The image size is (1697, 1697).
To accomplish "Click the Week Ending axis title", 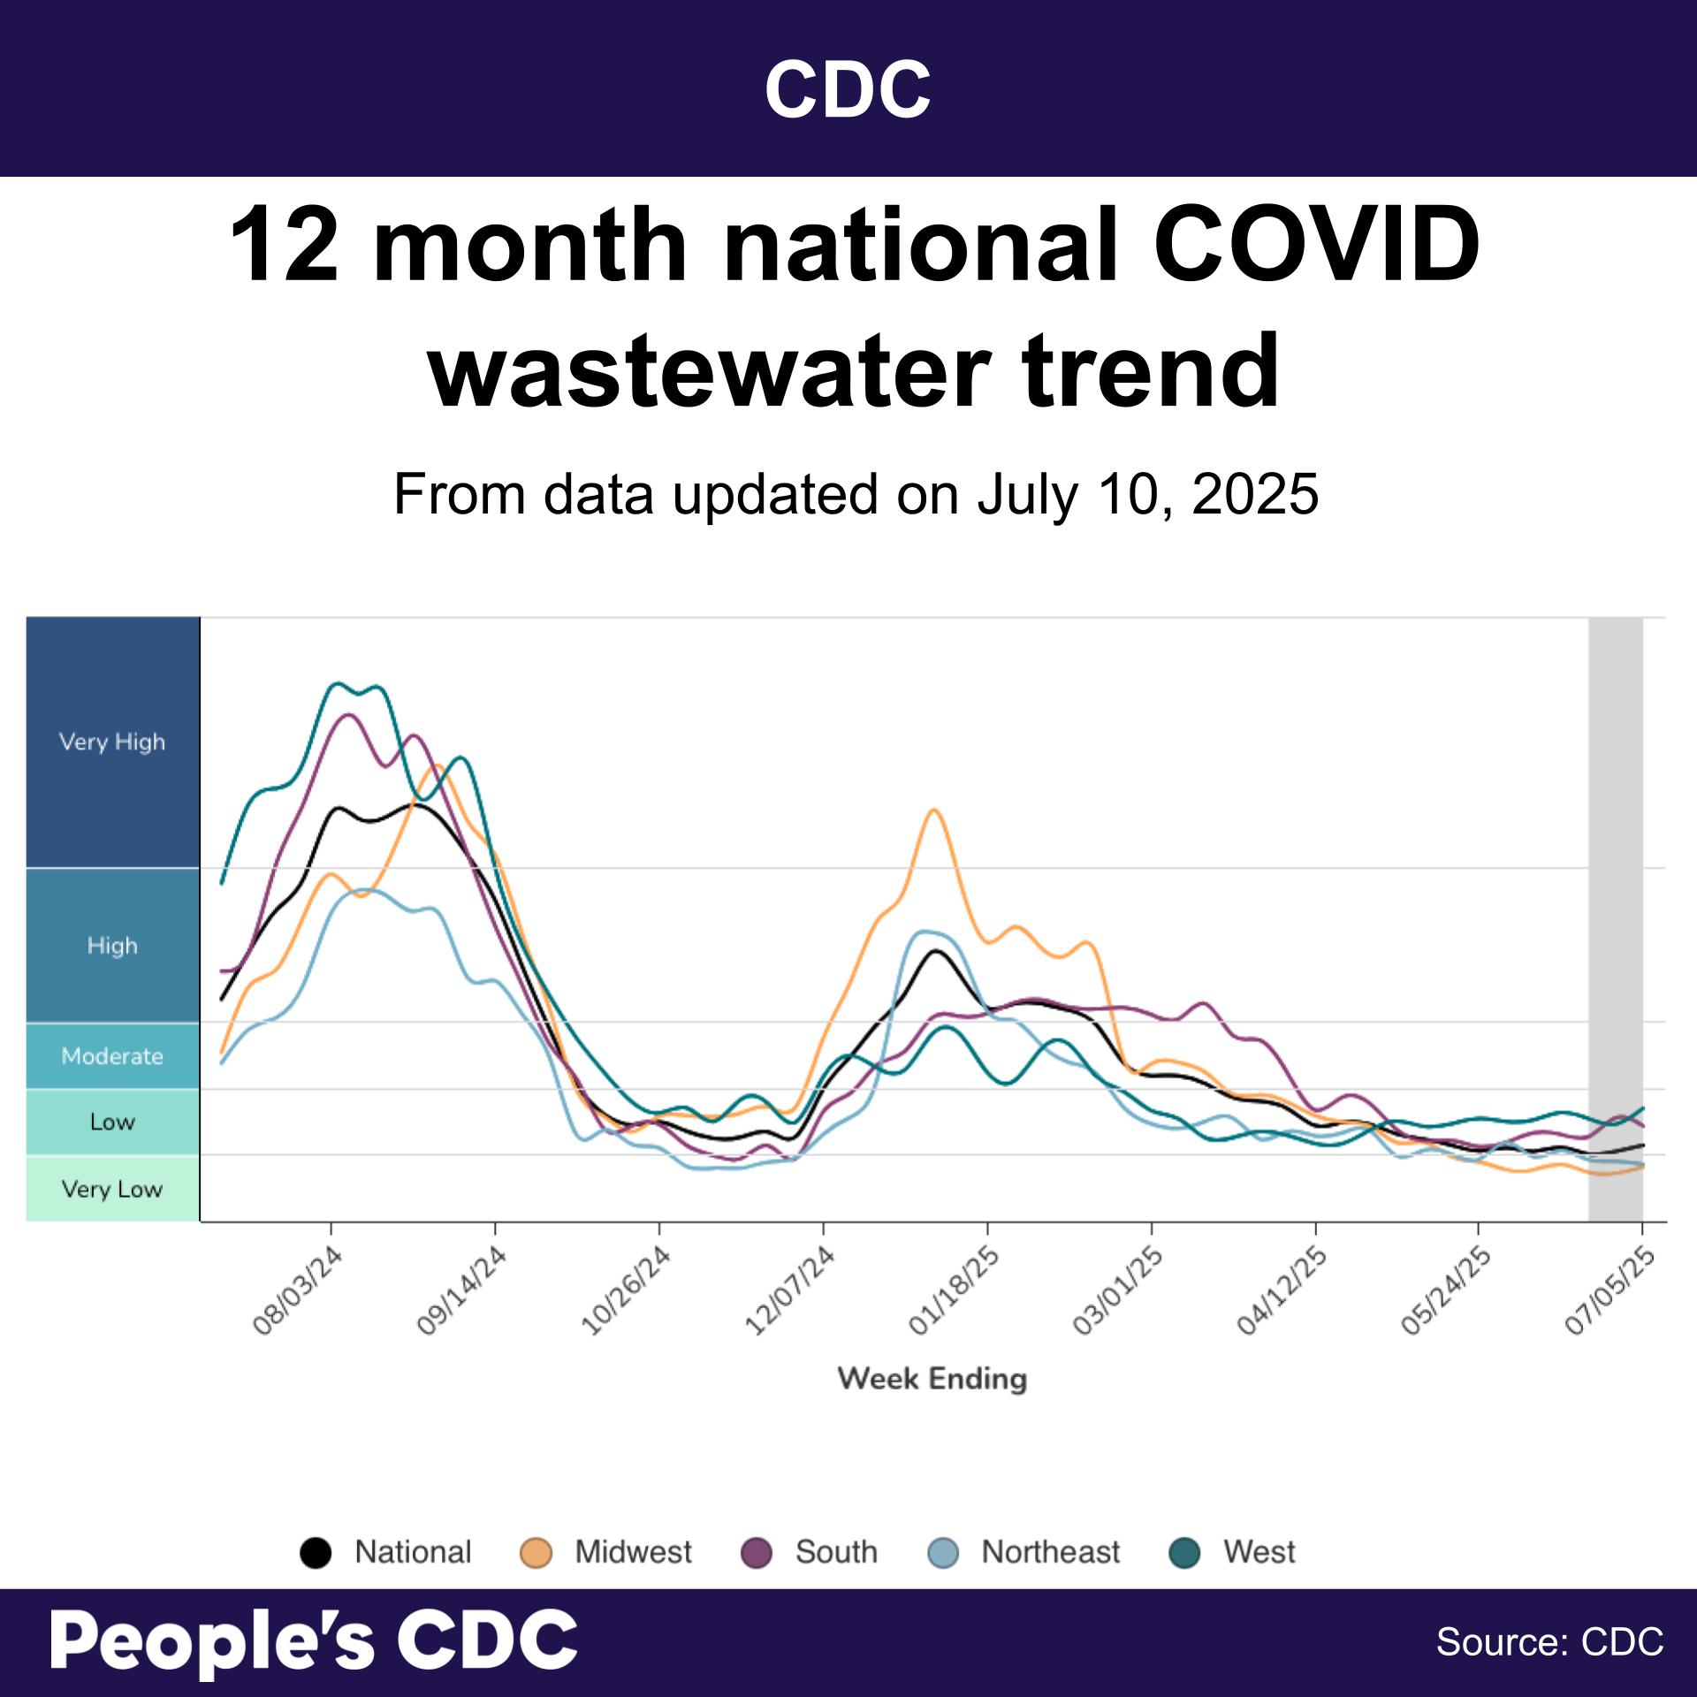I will (932, 1379).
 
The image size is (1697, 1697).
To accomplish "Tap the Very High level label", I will (112, 742).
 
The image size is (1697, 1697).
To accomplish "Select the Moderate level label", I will (112, 1056).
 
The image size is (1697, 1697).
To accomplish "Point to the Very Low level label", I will (112, 1189).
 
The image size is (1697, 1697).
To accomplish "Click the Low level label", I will (112, 1122).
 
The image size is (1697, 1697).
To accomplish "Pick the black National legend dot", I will (316, 1553).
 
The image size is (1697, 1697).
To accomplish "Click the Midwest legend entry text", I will (633, 1552).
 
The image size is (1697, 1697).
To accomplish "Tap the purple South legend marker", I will (757, 1553).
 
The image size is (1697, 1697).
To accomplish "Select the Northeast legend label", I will (1050, 1552).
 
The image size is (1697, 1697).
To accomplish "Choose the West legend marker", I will (1185, 1553).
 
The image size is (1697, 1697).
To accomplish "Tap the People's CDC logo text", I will (314, 1640).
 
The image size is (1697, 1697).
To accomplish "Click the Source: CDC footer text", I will (1549, 1642).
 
